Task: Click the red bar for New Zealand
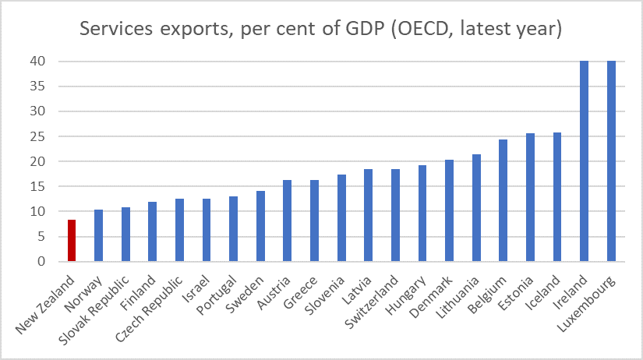click(72, 241)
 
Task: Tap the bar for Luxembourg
click(611, 161)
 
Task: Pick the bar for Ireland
click(584, 161)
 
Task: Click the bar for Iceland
click(557, 197)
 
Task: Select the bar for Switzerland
click(395, 215)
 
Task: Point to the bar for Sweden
click(260, 226)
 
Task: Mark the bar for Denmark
click(449, 210)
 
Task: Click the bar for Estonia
click(530, 197)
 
